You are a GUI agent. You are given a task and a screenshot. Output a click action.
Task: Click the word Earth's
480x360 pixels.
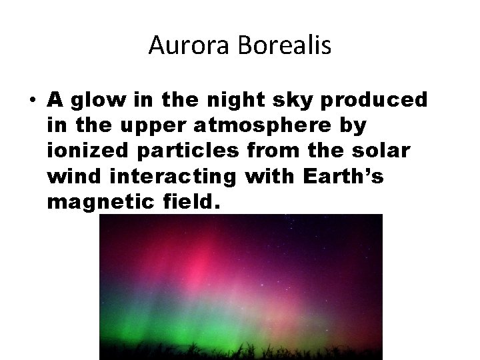[340, 177]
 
